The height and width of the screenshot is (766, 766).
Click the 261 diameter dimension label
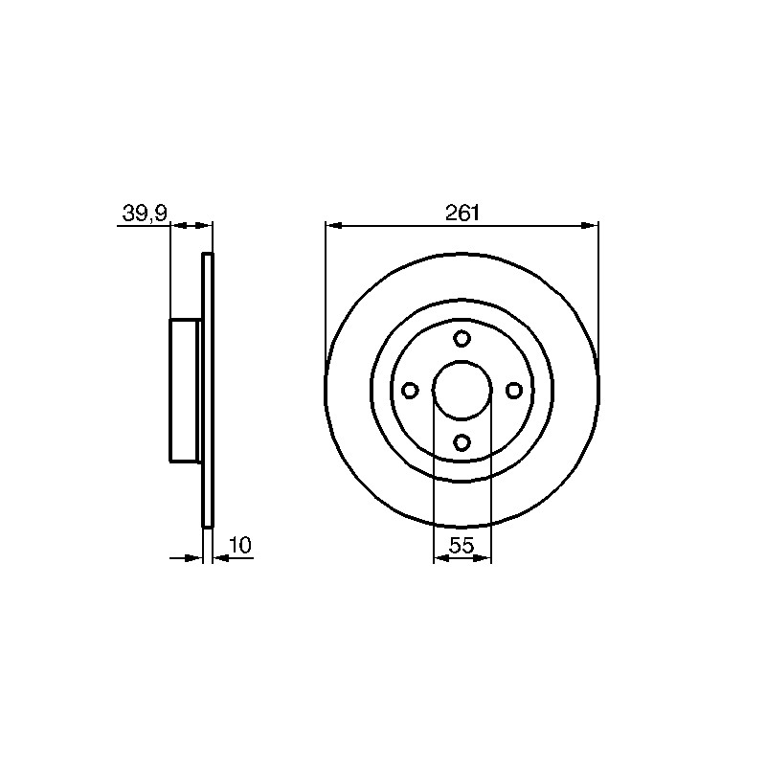click(x=462, y=213)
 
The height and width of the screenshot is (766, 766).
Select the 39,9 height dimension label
click(x=145, y=213)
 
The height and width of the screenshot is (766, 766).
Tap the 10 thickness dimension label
click(x=240, y=545)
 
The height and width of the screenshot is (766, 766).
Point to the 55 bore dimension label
click(x=462, y=546)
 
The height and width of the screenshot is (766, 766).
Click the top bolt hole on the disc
click(x=462, y=338)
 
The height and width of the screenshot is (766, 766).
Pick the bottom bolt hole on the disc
click(x=462, y=442)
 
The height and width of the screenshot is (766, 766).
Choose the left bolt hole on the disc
click(x=410, y=391)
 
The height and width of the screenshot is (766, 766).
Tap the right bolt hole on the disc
click(x=514, y=391)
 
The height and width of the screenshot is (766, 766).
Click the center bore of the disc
click(x=462, y=391)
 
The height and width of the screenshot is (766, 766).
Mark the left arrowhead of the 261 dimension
click(x=333, y=225)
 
